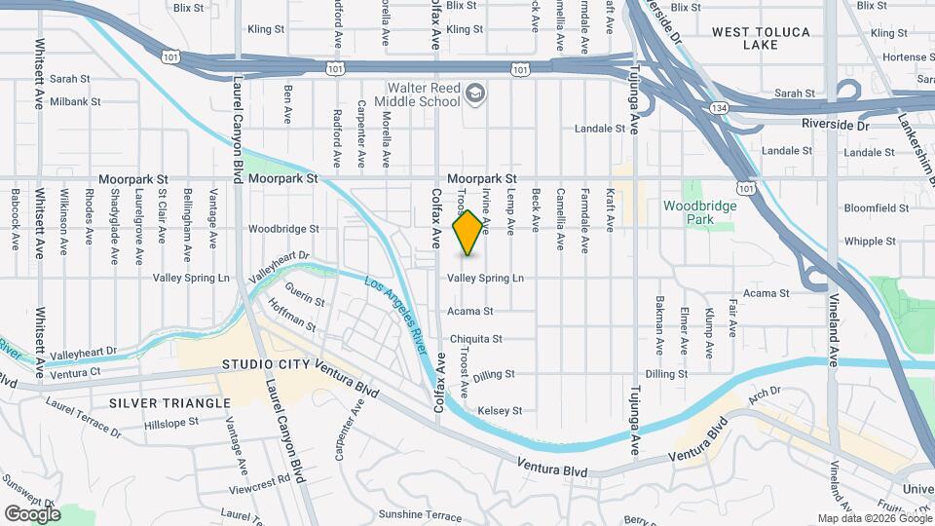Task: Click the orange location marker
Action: point(468,233)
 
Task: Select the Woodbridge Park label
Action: point(701,212)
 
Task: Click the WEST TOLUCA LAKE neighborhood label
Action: point(761,38)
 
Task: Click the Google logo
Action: point(32,513)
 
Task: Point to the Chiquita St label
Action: point(476,339)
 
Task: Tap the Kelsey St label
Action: point(500,410)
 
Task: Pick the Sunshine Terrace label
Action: point(392,514)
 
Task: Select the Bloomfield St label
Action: point(876,207)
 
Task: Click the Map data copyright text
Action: point(874,518)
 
